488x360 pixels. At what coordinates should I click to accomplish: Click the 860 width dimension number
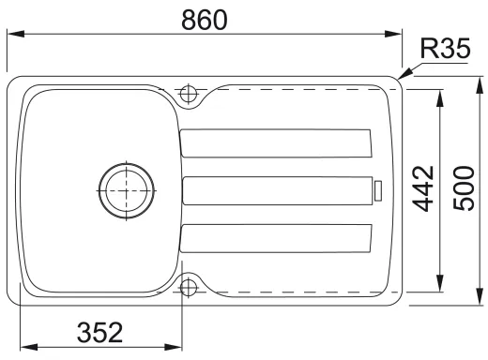coord(205,20)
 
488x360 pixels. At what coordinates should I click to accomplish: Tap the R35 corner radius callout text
coord(445,49)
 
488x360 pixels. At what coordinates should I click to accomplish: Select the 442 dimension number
coord(423,188)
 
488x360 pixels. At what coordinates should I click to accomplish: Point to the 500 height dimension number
coord(464,188)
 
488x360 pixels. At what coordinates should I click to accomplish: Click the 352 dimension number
coord(99,332)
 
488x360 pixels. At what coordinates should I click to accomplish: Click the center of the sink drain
coord(126,190)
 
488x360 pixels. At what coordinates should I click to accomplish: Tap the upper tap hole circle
coord(189,94)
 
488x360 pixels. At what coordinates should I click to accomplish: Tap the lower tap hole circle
coord(189,287)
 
